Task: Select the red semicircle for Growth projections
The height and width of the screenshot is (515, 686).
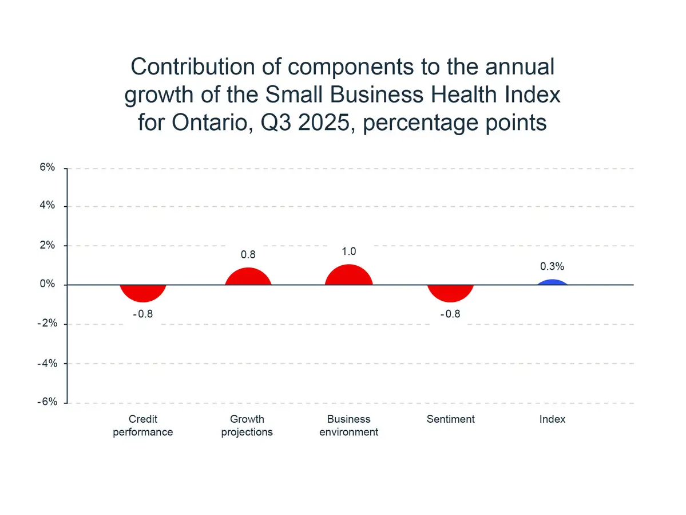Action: click(x=248, y=278)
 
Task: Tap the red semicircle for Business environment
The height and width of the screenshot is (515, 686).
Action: click(x=349, y=276)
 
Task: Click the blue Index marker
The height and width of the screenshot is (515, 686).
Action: click(x=552, y=282)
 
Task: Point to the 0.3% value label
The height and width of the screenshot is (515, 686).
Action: click(x=552, y=266)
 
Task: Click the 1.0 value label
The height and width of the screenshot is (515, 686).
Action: click(x=349, y=251)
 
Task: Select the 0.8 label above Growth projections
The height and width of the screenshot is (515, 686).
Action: click(x=248, y=254)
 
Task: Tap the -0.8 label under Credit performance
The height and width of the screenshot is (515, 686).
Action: click(x=143, y=314)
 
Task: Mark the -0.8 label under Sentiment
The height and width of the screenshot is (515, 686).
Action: click(x=451, y=314)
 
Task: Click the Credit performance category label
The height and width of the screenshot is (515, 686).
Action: click(x=143, y=426)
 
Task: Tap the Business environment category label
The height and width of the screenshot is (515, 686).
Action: click(x=349, y=426)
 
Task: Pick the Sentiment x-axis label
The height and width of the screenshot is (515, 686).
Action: click(x=451, y=419)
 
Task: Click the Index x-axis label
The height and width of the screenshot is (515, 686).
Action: click(x=552, y=419)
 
